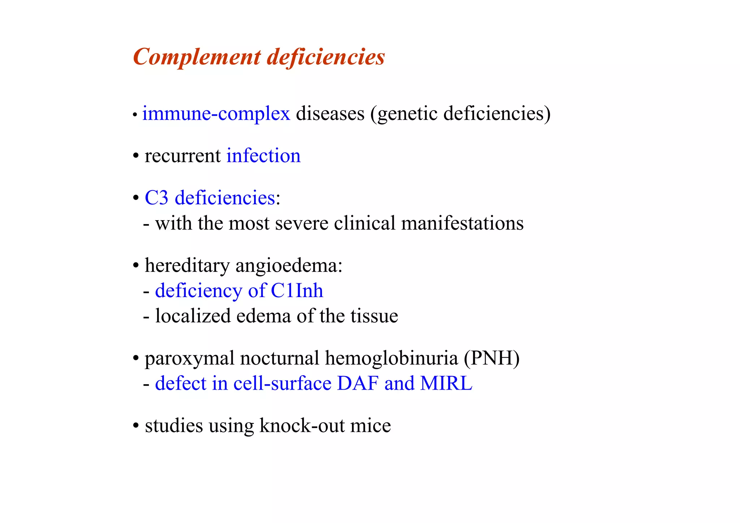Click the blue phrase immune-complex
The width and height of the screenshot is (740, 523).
click(216, 113)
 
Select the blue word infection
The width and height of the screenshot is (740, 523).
click(263, 156)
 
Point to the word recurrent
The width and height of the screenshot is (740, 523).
click(182, 157)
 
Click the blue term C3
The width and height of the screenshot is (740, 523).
click(156, 198)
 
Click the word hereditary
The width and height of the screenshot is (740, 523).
click(187, 266)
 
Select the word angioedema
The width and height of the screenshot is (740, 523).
click(289, 266)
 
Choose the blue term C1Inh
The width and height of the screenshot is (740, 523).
click(297, 291)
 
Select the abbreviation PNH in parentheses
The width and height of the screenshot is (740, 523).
click(492, 358)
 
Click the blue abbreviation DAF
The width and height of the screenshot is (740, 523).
click(358, 383)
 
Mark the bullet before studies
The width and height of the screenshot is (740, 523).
click(136, 426)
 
